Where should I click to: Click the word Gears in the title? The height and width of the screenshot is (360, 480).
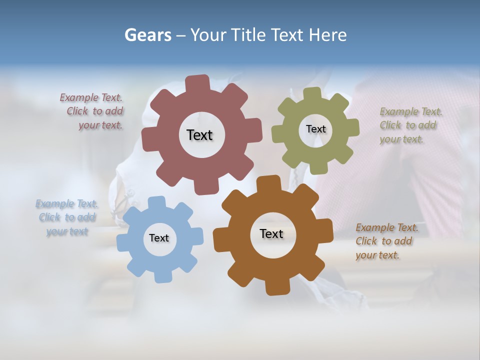[148, 35]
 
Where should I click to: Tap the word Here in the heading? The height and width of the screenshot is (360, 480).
[328, 35]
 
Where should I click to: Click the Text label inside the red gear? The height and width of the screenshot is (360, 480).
[199, 135]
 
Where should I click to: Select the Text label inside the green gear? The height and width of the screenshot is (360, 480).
[315, 129]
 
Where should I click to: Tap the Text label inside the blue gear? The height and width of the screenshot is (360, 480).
[159, 238]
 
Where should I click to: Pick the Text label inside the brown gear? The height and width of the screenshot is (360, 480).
[271, 234]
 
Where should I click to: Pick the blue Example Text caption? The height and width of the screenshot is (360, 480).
[67, 217]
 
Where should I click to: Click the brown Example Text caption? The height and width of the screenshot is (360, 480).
[386, 241]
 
